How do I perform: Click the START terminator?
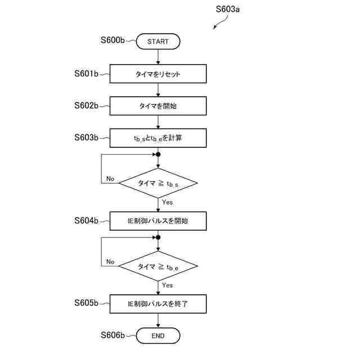click(158, 41)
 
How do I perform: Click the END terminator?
click(158, 336)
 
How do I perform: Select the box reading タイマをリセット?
click(158, 74)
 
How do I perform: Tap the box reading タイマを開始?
click(158, 105)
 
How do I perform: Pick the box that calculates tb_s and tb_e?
click(158, 137)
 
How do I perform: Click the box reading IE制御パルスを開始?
click(158, 221)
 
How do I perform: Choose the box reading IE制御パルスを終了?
click(158, 304)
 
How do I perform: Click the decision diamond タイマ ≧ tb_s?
click(158, 183)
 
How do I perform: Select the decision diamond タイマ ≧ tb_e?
click(158, 266)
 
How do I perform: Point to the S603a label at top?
click(228, 10)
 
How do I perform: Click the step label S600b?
click(112, 40)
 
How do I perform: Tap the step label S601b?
click(87, 74)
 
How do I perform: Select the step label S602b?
click(87, 105)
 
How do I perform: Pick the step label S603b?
click(87, 137)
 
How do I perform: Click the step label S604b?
click(87, 221)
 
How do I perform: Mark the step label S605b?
click(87, 303)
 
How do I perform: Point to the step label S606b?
click(112, 335)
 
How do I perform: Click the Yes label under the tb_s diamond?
click(167, 202)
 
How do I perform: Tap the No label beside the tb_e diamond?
click(110, 262)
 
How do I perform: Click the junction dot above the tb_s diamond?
click(158, 154)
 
